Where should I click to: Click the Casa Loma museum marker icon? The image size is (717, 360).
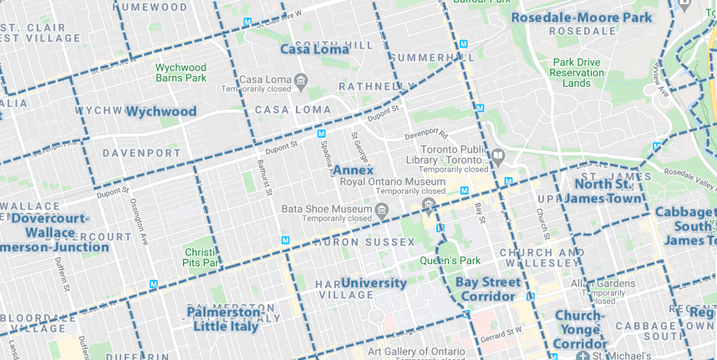pyautogui.click(x=301, y=80)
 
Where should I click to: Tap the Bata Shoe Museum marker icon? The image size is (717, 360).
pyautogui.click(x=382, y=209)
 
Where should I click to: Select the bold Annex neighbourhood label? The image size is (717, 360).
pyautogui.click(x=353, y=170)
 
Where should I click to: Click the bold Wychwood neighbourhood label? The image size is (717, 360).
pyautogui.click(x=161, y=111)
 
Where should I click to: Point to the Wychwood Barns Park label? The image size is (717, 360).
pyautogui.click(x=181, y=72)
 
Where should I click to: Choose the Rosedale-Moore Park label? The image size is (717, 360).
pyautogui.click(x=581, y=17)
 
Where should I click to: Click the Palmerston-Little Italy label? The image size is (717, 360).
pyautogui.click(x=225, y=318)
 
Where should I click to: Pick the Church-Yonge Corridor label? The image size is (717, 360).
pyautogui.click(x=579, y=329)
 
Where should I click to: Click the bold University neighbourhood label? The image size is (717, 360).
pyautogui.click(x=374, y=282)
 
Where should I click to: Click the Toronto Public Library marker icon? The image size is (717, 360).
pyautogui.click(x=498, y=155)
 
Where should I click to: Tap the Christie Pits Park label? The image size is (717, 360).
pyautogui.click(x=201, y=256)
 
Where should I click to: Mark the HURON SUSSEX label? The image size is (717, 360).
pyautogui.click(x=364, y=242)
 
